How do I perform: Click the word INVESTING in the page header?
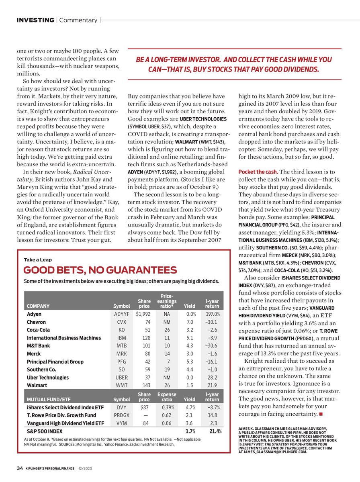[35, 20]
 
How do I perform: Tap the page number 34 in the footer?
[20, 468]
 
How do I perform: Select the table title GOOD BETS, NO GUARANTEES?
[100, 270]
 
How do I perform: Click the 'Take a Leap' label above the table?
[38, 260]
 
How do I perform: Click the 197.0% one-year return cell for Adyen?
[212, 314]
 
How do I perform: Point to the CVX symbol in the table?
[121, 322]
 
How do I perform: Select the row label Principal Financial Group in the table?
[55, 361]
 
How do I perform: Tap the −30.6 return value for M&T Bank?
[212, 346]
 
